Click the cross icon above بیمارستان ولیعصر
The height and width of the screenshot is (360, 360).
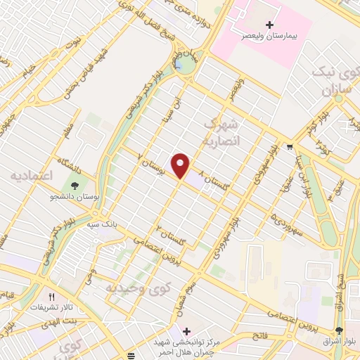tap(271, 25)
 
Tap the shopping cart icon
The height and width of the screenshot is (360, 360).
tap(290, 147)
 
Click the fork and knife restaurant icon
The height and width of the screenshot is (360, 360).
tap(51, 297)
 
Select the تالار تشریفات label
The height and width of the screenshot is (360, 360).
tap(49, 308)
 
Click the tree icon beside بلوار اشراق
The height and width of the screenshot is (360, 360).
tap(339, 331)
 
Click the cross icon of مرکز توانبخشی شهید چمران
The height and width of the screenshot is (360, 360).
tap(186, 331)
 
